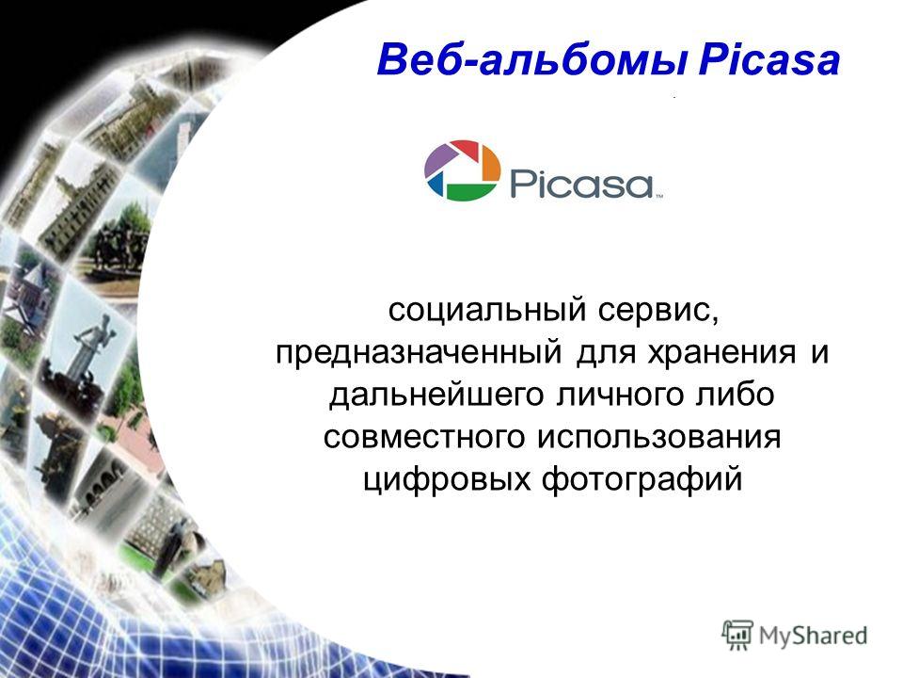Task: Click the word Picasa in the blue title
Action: (768, 60)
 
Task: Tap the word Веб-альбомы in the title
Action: (532, 61)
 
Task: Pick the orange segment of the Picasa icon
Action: (489, 163)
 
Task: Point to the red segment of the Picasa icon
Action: (467, 148)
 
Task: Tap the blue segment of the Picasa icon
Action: (436, 185)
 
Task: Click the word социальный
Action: (487, 310)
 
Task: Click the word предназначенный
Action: (419, 352)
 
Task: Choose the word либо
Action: (735, 395)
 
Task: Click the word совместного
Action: (424, 437)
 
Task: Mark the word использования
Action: (658, 437)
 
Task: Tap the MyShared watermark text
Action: (813, 636)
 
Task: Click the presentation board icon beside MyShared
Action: (737, 635)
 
